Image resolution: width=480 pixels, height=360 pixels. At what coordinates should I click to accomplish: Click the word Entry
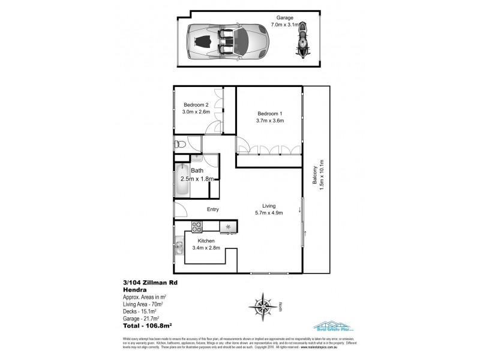[212, 209]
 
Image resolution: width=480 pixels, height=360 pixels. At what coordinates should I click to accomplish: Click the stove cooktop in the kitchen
[197, 227]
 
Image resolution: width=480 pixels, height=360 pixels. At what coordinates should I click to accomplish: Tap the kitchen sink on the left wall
[179, 246]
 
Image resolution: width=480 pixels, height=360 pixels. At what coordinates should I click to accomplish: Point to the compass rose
[263, 308]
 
